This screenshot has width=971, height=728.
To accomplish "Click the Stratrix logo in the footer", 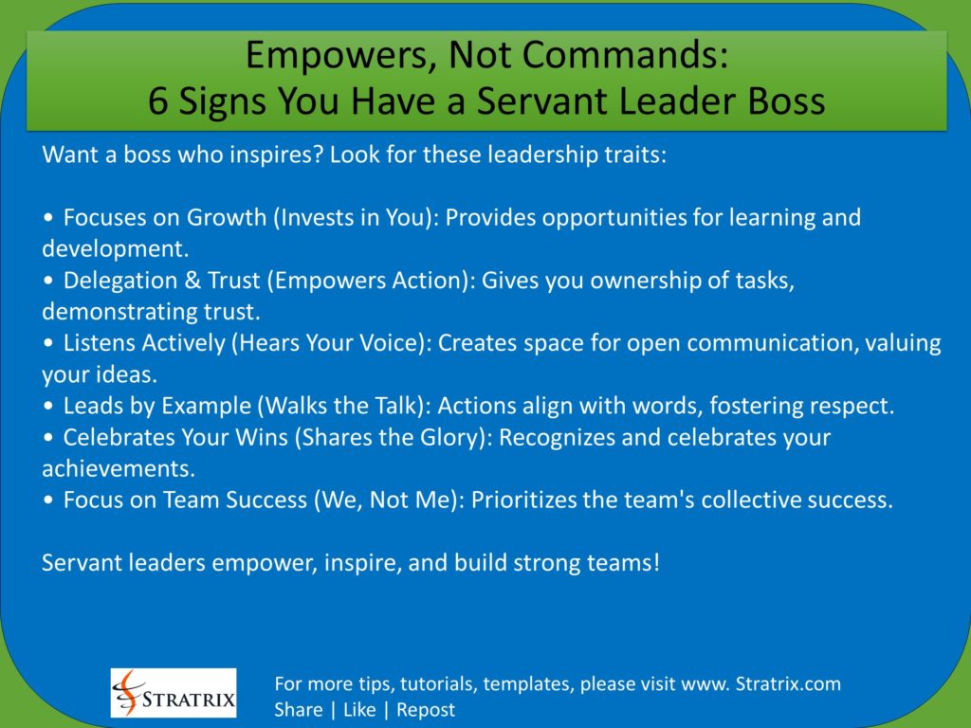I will [174, 693].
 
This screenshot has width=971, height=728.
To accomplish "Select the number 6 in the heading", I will [158, 100].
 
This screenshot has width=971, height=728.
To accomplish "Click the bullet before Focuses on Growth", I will [48, 218].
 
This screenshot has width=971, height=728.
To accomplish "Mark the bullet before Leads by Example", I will [48, 407].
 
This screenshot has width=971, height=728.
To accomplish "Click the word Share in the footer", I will [298, 710].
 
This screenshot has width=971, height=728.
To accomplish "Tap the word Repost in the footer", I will [426, 710].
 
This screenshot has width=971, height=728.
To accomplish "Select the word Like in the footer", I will [359, 710].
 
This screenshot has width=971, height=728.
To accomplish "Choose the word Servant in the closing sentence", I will [77, 562].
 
